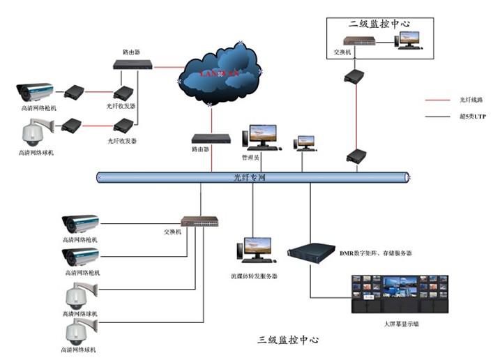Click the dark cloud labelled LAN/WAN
coord(220,72)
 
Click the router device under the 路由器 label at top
coord(133,65)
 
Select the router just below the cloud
coord(211,138)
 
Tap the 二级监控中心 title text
coord(379,24)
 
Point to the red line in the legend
coord(440,100)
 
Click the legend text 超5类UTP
coord(471,117)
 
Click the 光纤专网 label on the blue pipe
coord(250,178)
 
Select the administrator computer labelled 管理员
coord(263,137)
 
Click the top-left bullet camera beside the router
coord(35,91)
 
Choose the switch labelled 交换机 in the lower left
coord(199,221)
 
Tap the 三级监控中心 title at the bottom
coord(288,340)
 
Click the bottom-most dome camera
coord(79,332)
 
